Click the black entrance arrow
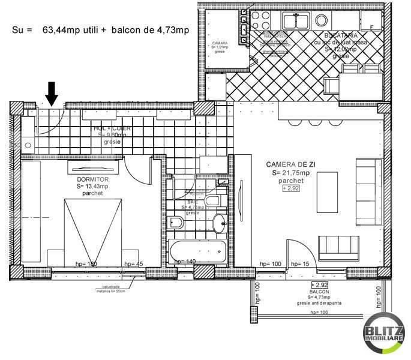pyautogui.click(x=52, y=93)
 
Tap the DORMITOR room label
pyautogui.click(x=92, y=179)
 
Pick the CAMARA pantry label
pyautogui.click(x=220, y=44)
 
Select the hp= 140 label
pyautogui.click(x=185, y=262)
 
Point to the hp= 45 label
pyautogui.click(x=133, y=263)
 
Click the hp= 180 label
pyautogui.click(x=86, y=263)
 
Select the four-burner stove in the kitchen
pyautogui.click(x=262, y=20)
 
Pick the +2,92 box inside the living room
pyautogui.click(x=291, y=188)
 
